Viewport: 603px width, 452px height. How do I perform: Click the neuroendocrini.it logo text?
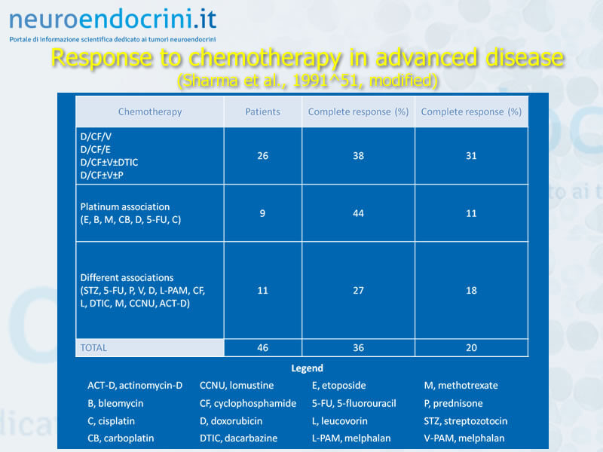tap(112, 20)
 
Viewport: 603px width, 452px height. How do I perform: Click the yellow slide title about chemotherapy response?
tap(308, 58)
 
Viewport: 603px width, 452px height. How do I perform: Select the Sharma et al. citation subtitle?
tap(308, 81)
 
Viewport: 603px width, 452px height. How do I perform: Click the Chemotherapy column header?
tap(150, 111)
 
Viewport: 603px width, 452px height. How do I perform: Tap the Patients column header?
tap(262, 111)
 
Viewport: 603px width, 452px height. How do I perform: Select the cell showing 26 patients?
tap(262, 156)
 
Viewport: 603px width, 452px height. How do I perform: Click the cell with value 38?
tap(359, 156)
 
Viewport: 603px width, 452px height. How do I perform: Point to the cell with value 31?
tap(471, 156)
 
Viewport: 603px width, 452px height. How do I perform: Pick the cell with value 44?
tap(359, 213)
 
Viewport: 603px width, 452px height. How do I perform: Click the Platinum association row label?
tap(130, 213)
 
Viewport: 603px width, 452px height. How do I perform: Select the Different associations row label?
tap(142, 291)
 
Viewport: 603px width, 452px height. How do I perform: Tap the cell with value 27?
tap(359, 291)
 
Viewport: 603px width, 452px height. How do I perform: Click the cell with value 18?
tap(471, 291)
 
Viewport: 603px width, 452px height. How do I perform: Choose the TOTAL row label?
tap(93, 348)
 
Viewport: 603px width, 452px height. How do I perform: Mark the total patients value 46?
tap(262, 348)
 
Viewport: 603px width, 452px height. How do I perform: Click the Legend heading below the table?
tap(307, 368)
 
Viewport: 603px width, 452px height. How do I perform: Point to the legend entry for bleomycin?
tap(115, 403)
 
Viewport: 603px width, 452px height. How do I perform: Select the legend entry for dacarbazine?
tap(238, 438)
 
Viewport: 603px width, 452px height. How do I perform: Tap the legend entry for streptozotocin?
tap(466, 421)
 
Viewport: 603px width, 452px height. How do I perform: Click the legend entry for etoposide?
tap(338, 386)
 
